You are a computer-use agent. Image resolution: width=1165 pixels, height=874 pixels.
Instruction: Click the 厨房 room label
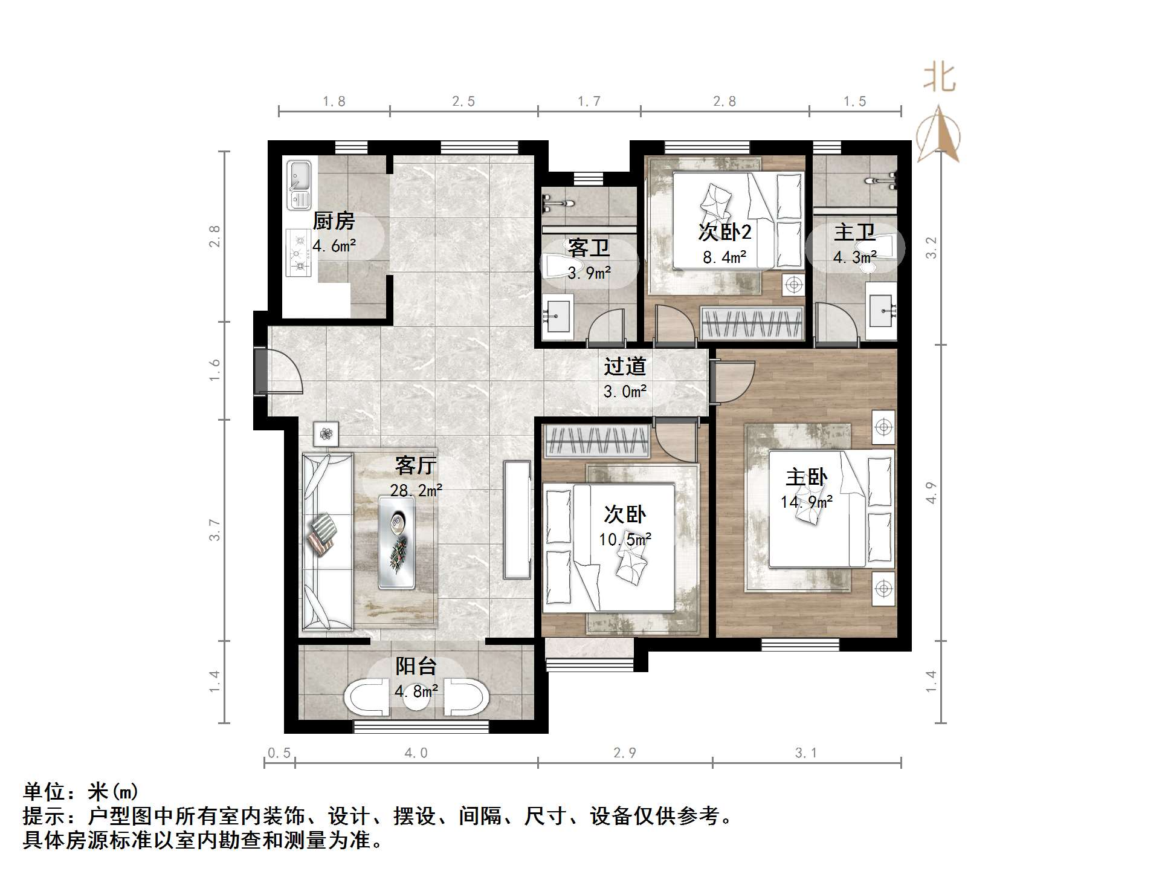(334, 221)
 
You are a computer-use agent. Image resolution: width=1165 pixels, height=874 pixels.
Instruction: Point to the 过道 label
(625, 366)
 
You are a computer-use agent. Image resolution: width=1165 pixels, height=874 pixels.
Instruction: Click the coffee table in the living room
(397, 542)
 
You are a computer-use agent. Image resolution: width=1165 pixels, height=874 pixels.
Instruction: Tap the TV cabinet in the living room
(517, 520)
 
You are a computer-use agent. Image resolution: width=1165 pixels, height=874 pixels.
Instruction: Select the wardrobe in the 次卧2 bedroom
(752, 323)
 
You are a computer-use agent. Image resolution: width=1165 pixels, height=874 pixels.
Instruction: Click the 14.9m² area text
(807, 502)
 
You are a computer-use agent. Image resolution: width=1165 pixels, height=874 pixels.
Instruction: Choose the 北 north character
(939, 79)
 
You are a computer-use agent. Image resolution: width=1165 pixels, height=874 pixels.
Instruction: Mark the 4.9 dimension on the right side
(931, 493)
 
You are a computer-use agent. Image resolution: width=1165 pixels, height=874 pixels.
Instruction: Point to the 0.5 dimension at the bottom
(279, 753)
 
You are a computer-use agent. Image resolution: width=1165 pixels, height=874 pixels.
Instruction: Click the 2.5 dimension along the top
(463, 102)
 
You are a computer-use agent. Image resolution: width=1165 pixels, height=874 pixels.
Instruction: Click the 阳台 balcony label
(416, 667)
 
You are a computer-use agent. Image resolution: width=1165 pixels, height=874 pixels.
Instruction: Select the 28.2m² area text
(416, 490)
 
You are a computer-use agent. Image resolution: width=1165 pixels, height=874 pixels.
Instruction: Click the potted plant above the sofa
(326, 433)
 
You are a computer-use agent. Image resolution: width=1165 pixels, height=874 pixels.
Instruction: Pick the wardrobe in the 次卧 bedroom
(597, 441)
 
